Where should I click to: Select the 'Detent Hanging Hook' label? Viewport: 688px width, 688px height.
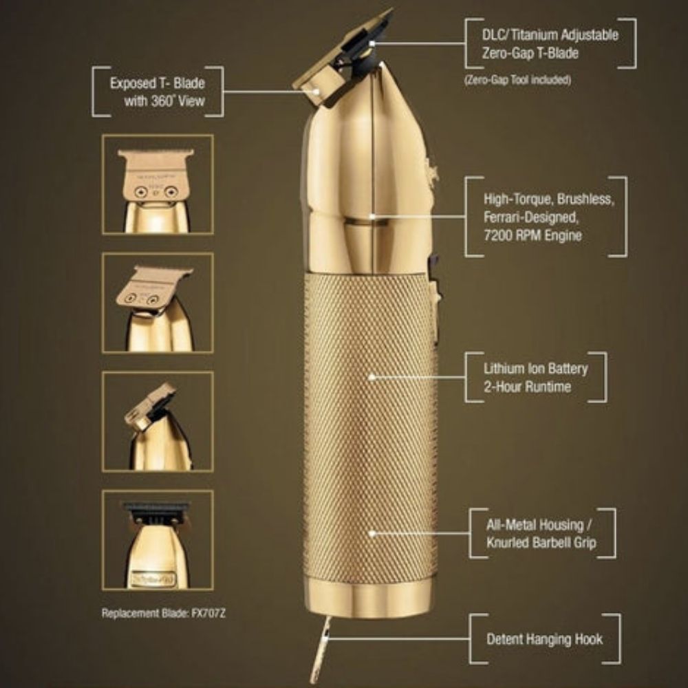pos(544,639)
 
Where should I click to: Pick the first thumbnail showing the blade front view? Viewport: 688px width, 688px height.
pos(158,184)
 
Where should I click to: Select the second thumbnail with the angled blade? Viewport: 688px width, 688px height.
pos(158,303)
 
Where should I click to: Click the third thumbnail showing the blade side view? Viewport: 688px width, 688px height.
pos(158,421)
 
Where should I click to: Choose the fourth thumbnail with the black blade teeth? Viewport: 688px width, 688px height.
pos(158,539)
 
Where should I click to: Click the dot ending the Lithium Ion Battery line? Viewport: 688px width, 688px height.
pos(372,377)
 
